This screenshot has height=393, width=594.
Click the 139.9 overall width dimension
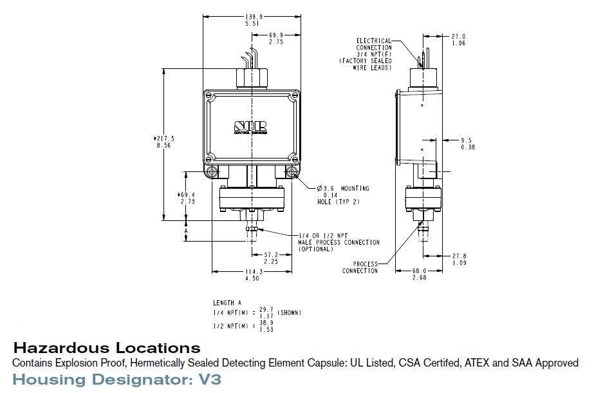pos(252,16)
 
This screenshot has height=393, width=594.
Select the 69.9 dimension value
pos(276,35)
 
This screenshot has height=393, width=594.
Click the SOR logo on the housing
pos(250,126)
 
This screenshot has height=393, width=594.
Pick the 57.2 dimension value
pos(272,255)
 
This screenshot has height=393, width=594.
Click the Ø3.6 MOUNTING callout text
pos(343,189)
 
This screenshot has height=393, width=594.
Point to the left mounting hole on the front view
pos(212,172)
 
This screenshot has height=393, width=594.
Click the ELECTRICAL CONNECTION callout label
pos(374,44)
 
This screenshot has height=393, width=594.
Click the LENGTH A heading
pos(227,303)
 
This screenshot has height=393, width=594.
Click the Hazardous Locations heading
pos(107,349)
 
